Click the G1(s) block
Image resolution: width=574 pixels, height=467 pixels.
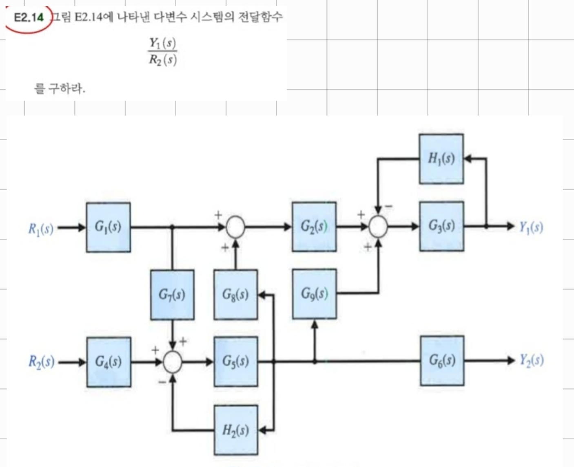click(108, 227)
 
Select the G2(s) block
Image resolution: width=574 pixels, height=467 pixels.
click(314, 227)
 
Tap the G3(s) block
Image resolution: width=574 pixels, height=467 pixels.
click(441, 226)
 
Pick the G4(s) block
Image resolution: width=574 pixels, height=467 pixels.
click(109, 362)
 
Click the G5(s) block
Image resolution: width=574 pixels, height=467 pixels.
click(236, 361)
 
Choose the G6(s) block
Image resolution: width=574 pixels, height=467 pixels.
click(442, 361)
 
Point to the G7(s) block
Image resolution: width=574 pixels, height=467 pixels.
click(172, 294)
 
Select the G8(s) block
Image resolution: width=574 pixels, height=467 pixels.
click(236, 294)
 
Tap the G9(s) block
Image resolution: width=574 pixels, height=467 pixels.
click(314, 293)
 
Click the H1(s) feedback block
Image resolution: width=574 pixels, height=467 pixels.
click(441, 159)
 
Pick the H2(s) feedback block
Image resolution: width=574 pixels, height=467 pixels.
click(236, 430)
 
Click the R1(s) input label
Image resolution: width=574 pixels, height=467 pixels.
click(41, 228)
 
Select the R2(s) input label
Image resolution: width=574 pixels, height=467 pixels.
click(41, 362)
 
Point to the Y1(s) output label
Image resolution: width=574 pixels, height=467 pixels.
click(531, 227)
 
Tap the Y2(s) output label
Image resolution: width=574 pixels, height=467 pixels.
click(532, 361)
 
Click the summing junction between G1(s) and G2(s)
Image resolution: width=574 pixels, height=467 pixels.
click(235, 227)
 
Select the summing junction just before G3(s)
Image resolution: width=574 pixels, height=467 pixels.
click(378, 227)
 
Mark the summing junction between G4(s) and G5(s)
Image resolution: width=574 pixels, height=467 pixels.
click(173, 362)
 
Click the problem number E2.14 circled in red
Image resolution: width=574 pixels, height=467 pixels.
click(29, 18)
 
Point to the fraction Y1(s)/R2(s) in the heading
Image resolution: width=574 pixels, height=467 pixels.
click(163, 51)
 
